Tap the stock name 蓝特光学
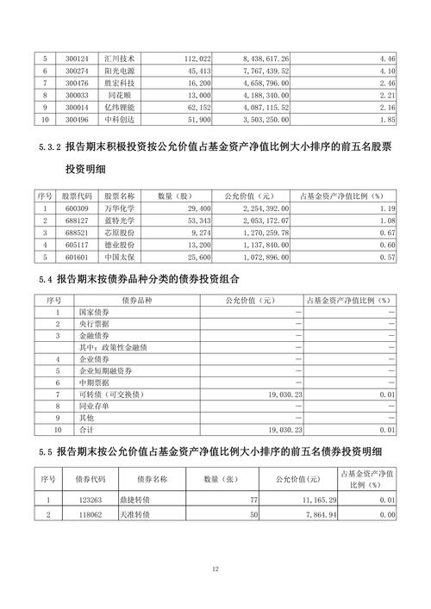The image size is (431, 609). (x=115, y=221)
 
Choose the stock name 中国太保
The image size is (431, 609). (x=115, y=258)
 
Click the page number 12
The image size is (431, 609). (x=215, y=569)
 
